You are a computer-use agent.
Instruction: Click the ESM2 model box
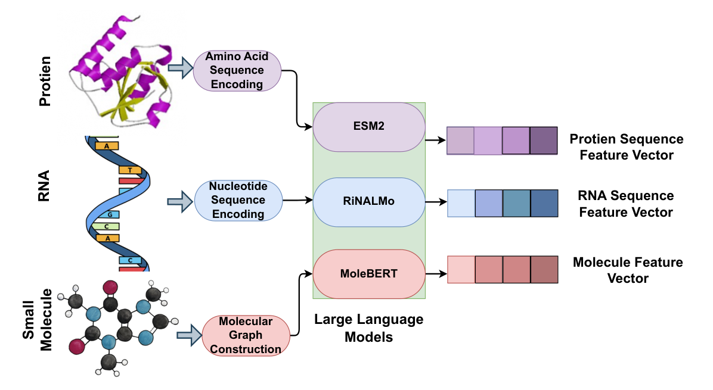tap(369, 127)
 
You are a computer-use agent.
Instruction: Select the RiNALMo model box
tap(369, 202)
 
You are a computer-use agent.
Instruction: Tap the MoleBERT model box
tap(369, 274)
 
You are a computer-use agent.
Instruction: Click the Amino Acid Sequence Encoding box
tap(237, 70)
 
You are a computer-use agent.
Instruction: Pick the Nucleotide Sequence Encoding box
tap(238, 200)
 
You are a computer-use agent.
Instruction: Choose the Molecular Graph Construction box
tap(246, 335)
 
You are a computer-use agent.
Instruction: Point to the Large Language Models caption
tap(369, 328)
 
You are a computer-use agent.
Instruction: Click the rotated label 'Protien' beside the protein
tap(45, 81)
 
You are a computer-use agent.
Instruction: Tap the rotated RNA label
tap(44, 186)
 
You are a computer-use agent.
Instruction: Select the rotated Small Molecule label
tap(38, 320)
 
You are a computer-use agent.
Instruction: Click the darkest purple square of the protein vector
tap(543, 141)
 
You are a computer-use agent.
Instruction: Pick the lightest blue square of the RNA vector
tap(461, 204)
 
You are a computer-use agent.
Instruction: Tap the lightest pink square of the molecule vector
tap(461, 270)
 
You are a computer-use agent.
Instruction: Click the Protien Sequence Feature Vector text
tap(627, 147)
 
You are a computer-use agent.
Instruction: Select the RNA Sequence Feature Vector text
tap(626, 204)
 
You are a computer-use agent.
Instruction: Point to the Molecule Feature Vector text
tap(628, 270)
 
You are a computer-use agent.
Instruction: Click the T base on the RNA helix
tap(129, 170)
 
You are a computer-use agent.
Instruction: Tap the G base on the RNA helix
tap(110, 214)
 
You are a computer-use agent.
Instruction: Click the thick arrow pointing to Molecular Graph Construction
tap(189, 335)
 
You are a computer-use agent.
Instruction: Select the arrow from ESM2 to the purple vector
tap(436, 141)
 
